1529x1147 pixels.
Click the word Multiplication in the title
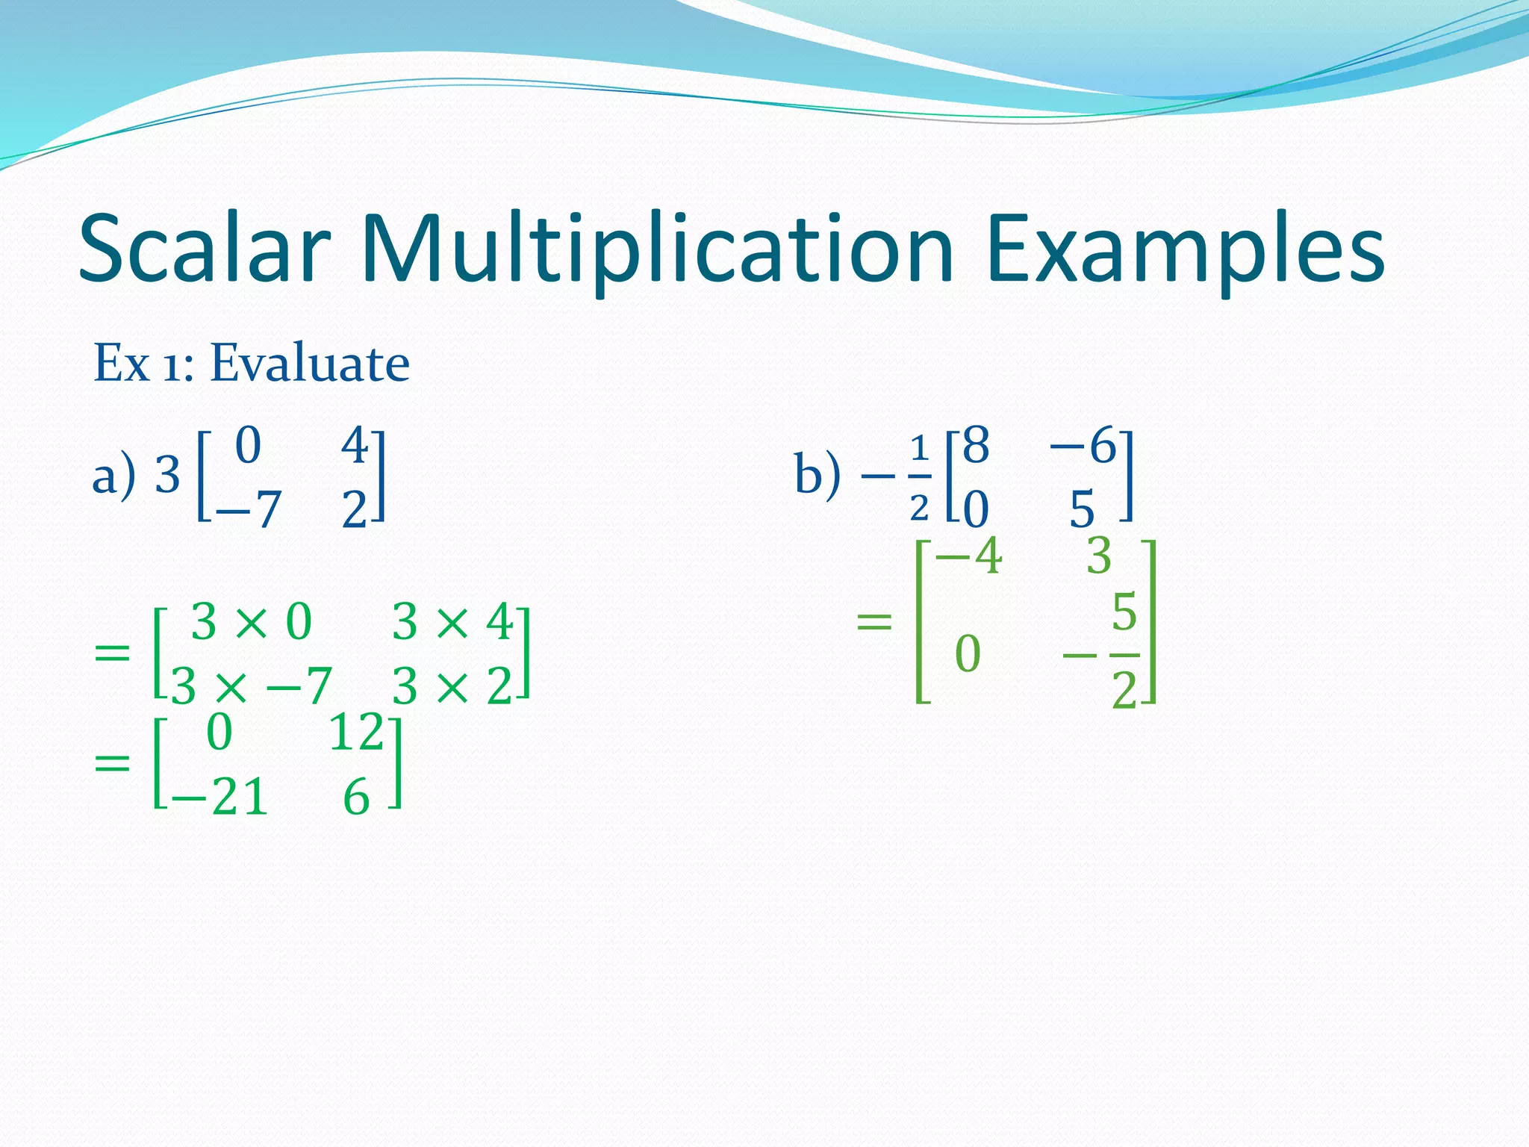[x=657, y=251]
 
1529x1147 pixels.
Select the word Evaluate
[x=309, y=364]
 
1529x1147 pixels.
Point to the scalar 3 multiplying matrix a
[x=167, y=475]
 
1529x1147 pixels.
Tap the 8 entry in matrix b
[x=976, y=446]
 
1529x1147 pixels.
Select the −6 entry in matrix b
[x=1082, y=446]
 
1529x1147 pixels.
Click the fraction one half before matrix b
[x=919, y=478]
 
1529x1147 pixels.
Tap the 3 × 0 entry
[x=251, y=621]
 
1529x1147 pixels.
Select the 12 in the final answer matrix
[x=356, y=733]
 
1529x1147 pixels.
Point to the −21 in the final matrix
[x=219, y=798]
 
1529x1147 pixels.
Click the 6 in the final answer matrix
[x=356, y=798]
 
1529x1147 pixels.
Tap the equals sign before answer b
[x=874, y=621]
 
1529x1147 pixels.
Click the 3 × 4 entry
[x=451, y=621]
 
